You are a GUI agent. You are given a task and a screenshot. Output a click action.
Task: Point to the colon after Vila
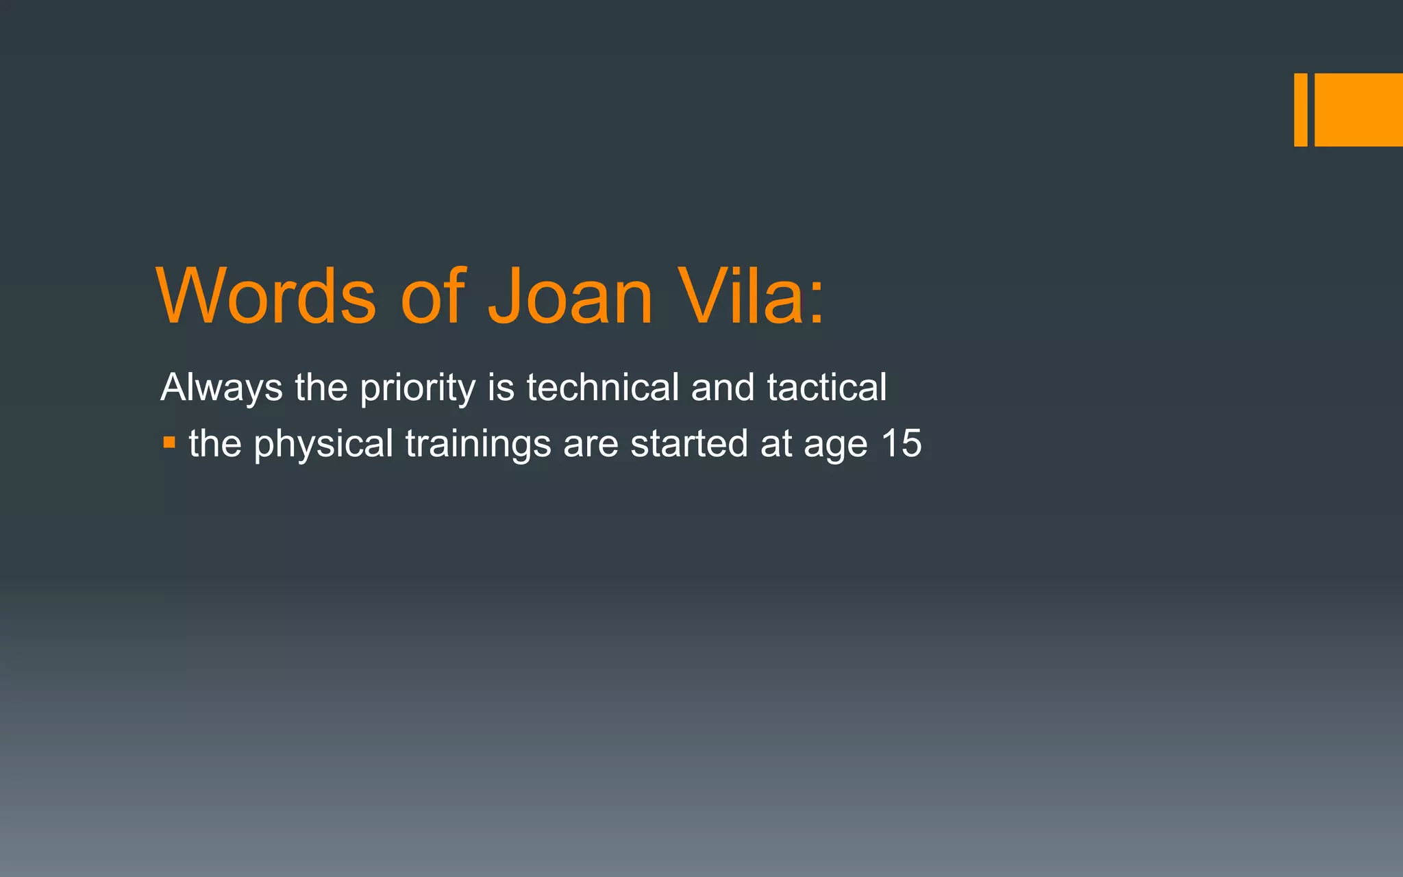[816, 305]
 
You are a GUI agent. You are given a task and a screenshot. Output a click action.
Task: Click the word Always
[221, 388]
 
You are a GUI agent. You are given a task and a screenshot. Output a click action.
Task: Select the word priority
[417, 388]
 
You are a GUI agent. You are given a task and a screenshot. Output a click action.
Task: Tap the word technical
[602, 387]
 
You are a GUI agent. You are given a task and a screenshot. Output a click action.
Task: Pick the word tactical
[826, 387]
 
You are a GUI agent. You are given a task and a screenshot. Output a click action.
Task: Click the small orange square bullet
[169, 443]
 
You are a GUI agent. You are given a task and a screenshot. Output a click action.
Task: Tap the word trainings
[477, 444]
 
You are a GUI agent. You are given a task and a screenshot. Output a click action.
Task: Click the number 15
[901, 443]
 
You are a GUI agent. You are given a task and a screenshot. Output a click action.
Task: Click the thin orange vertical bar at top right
[1300, 110]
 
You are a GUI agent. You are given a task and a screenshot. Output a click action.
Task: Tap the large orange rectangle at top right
[1358, 110]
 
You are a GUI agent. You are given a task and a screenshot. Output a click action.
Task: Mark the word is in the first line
[501, 387]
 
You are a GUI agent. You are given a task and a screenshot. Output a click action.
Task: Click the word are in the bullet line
[591, 444]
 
